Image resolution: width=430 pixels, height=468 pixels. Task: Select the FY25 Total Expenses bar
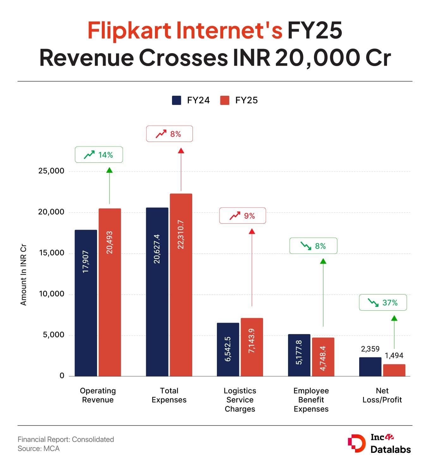coord(181,284)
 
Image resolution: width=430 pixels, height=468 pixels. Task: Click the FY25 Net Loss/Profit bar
coord(394,370)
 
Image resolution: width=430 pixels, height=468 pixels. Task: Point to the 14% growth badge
coord(99,155)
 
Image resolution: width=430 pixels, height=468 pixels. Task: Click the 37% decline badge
coord(383,303)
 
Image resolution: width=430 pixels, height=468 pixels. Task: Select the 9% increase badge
coord(243,216)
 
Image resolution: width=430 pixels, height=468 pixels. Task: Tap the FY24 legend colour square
coord(176,100)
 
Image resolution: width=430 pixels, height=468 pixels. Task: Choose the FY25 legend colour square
coord(224,100)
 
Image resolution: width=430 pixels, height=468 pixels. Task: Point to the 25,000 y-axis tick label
coord(51,171)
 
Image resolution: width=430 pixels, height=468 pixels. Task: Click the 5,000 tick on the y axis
coord(53,335)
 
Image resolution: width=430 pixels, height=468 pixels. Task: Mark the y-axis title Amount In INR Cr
coord(23,275)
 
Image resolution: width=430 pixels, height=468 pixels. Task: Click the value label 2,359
coord(370,349)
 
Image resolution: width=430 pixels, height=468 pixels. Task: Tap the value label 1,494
coord(394,356)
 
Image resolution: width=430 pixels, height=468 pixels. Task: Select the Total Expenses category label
coord(169,395)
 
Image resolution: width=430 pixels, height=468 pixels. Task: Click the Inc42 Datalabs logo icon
coord(357,444)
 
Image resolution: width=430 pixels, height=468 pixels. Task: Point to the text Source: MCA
coord(39,449)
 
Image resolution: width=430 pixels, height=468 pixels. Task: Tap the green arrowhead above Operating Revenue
coord(109,170)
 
